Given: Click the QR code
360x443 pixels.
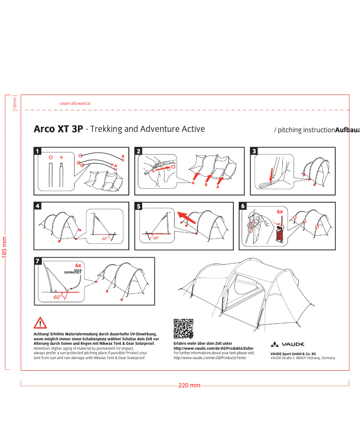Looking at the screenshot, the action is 183,329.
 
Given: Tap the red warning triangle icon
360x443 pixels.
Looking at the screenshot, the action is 40,323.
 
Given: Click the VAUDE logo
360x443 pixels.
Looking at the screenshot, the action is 287,344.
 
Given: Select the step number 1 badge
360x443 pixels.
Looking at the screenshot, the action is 37,151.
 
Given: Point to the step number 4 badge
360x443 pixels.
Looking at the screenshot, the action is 37,206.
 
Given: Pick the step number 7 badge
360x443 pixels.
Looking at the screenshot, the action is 38,261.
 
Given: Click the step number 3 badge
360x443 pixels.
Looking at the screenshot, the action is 254,151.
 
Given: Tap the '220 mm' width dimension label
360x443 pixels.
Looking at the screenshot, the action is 189,385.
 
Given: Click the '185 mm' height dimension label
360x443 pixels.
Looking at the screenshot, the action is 4,247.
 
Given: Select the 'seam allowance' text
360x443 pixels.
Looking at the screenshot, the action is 75,104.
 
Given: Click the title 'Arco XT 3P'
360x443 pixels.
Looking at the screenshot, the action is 58,129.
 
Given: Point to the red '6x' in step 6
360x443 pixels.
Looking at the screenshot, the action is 280,212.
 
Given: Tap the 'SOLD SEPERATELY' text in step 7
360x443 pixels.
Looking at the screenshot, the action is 73,271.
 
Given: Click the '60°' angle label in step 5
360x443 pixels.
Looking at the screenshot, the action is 156,238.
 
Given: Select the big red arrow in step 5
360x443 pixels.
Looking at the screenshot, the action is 186,217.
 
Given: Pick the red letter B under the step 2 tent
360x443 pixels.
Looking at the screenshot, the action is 206,185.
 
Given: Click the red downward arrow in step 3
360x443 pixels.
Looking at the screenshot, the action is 272,175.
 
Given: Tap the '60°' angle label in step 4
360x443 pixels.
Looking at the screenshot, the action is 105,239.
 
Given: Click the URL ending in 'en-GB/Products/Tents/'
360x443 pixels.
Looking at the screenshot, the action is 210,358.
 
